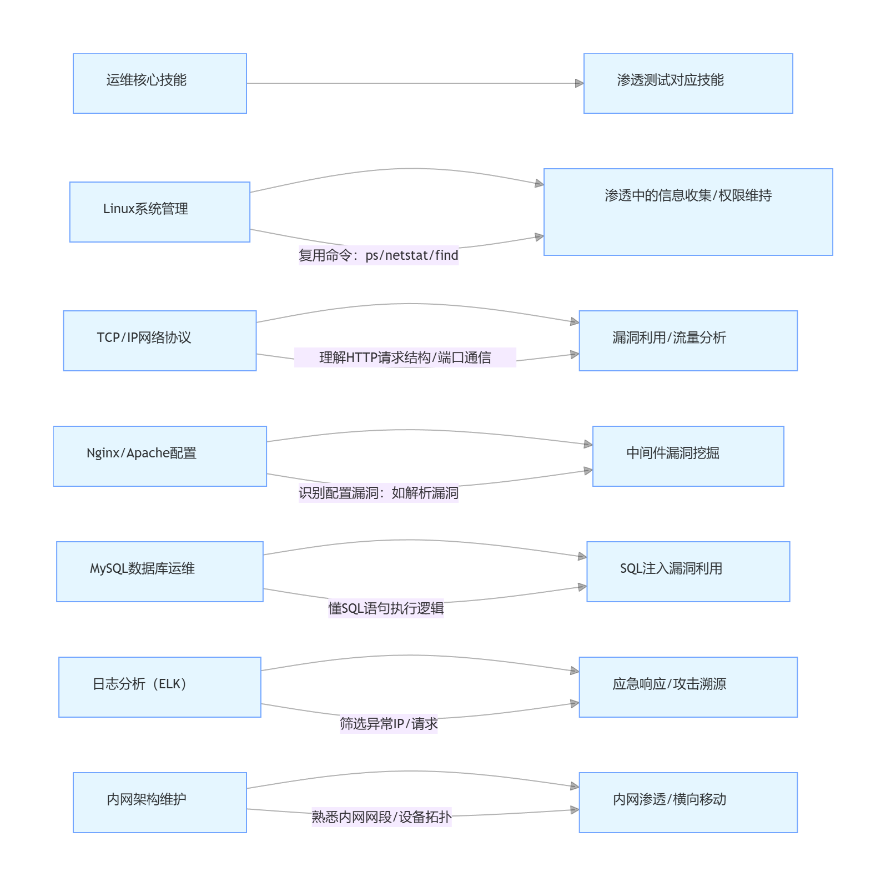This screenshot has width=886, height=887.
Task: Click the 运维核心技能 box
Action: [x=160, y=83]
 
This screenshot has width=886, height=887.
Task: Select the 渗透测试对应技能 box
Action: [x=688, y=83]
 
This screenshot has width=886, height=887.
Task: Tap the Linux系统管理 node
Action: [x=160, y=212]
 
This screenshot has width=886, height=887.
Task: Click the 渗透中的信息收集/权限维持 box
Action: [x=688, y=212]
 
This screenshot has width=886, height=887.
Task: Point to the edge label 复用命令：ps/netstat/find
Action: [x=379, y=255]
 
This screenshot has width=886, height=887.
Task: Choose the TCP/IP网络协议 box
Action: [x=160, y=341]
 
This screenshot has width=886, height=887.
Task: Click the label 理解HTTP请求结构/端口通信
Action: [x=405, y=357]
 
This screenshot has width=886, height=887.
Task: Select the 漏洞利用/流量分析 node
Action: [x=688, y=341]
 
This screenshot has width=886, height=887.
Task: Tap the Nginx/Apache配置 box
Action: [x=160, y=456]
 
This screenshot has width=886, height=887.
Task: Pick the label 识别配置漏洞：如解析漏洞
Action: [x=379, y=493]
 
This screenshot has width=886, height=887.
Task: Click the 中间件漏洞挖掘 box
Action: [x=688, y=456]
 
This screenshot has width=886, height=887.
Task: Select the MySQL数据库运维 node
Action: [x=160, y=572]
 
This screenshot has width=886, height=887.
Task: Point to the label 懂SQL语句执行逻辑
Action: [x=386, y=608]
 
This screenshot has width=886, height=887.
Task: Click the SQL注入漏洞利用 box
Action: [x=688, y=572]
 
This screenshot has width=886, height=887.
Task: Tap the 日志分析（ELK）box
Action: [x=160, y=687]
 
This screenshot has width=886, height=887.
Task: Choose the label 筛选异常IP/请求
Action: [x=389, y=724]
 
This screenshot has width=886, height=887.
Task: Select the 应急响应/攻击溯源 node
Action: [x=688, y=687]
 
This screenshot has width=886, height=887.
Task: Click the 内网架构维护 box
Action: [x=160, y=803]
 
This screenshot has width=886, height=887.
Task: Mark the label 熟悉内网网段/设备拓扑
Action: [x=381, y=817]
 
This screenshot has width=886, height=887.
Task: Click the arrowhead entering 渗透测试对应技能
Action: [x=579, y=83]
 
